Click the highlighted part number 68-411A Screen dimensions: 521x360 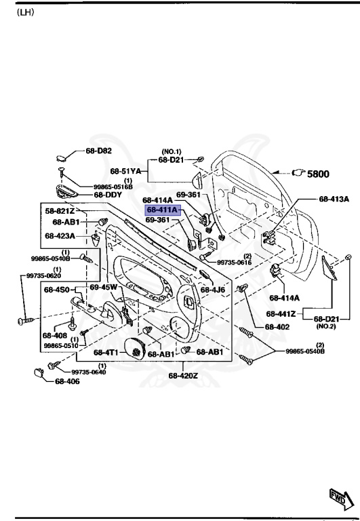[161, 210]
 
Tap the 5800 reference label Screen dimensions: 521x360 [318, 174]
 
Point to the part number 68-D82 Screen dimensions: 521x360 [98, 151]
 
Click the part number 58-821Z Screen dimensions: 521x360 [60, 212]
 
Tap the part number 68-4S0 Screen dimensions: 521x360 [58, 290]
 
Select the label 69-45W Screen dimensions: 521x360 [104, 288]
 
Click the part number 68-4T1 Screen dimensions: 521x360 [106, 353]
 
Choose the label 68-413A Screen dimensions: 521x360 [333, 199]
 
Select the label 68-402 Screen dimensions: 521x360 [277, 326]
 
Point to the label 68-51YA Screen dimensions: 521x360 [125, 171]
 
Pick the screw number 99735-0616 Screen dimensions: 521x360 [235, 262]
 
